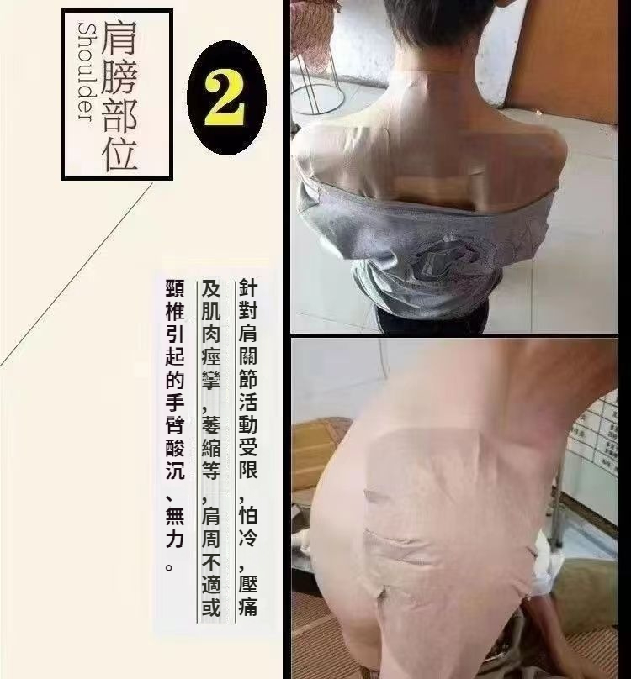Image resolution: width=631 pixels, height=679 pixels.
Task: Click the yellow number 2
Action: click(225, 98)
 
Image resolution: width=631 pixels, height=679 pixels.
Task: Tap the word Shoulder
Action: click(86, 72)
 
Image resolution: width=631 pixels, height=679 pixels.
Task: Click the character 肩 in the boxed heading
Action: click(119, 37)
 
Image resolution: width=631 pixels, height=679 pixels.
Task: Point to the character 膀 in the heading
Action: click(119, 76)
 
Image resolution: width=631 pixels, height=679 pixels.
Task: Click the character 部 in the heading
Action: click(119, 116)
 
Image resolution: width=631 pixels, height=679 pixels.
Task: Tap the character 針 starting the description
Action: click(248, 288)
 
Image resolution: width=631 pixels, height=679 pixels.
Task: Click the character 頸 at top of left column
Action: click(175, 288)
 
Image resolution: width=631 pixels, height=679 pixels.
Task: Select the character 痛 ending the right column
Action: click(248, 606)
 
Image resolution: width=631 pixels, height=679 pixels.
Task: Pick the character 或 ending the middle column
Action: click(211, 607)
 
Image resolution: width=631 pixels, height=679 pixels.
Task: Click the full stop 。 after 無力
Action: click(170, 567)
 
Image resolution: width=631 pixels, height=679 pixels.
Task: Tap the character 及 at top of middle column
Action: click(211, 288)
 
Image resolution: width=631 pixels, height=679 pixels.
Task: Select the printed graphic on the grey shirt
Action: click(447, 261)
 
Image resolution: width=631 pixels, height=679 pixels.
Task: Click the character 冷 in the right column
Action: click(248, 537)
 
